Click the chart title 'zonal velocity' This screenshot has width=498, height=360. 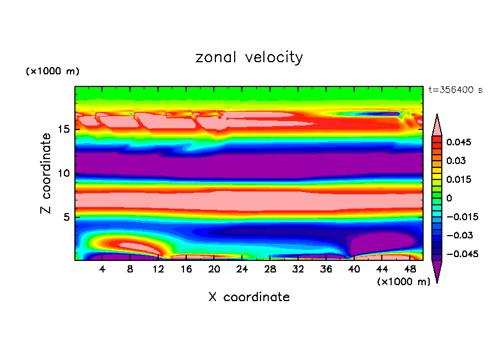point(249,57)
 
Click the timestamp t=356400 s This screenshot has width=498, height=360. point(455,90)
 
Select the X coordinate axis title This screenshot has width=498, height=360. point(249,297)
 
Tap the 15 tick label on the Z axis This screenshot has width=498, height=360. point(63,130)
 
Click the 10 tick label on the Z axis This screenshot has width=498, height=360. point(63,173)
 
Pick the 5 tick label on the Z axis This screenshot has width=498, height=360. point(66,217)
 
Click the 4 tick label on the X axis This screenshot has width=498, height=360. point(102,269)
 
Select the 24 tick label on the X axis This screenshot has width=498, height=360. point(242,269)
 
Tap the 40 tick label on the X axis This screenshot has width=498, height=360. point(354,269)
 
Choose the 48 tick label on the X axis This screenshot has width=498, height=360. point(409,269)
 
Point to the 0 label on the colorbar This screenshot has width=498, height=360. point(449,198)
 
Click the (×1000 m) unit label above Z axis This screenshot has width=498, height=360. point(52,72)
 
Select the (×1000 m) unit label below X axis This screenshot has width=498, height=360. point(403,282)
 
